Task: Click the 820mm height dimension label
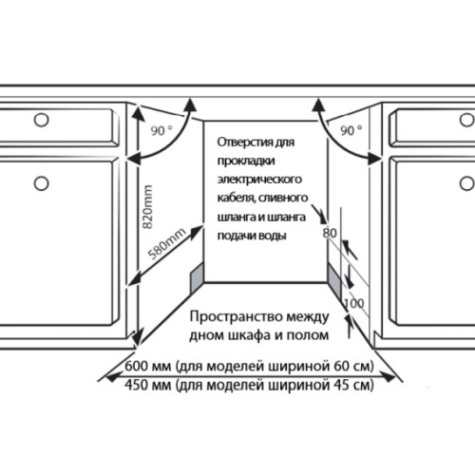147,207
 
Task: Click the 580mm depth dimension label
167,243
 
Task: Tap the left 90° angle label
161,130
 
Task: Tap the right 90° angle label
351,130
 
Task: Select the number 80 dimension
330,233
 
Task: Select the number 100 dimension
354,303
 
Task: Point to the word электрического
259,180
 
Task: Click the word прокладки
246,161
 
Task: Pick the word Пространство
236,316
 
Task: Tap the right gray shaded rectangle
334,280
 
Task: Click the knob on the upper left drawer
41,120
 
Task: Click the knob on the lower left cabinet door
41,183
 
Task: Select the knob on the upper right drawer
466,120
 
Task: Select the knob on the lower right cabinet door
466,183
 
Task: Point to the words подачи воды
252,236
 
